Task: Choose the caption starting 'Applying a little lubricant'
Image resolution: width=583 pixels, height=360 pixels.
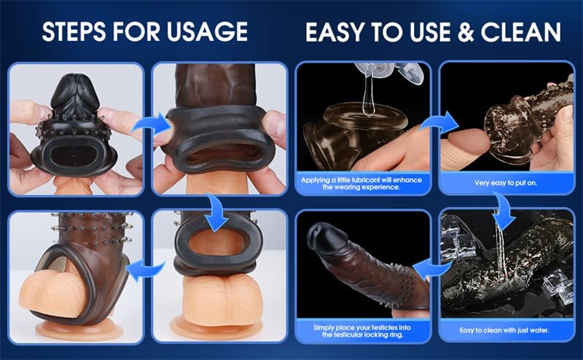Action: [362, 183]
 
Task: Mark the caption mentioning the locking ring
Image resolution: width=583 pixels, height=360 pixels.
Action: [362, 332]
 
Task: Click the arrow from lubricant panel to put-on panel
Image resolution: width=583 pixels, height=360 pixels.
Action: [435, 120]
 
